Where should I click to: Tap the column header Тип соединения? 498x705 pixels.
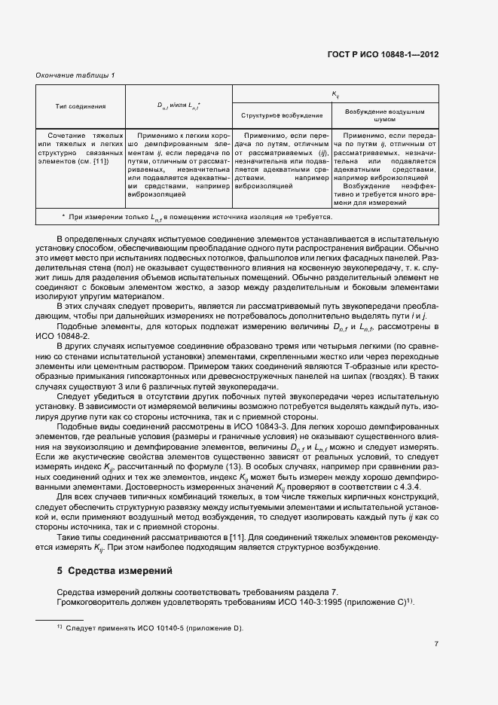(x=81, y=107)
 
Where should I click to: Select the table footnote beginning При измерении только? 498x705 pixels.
(x=197, y=217)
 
